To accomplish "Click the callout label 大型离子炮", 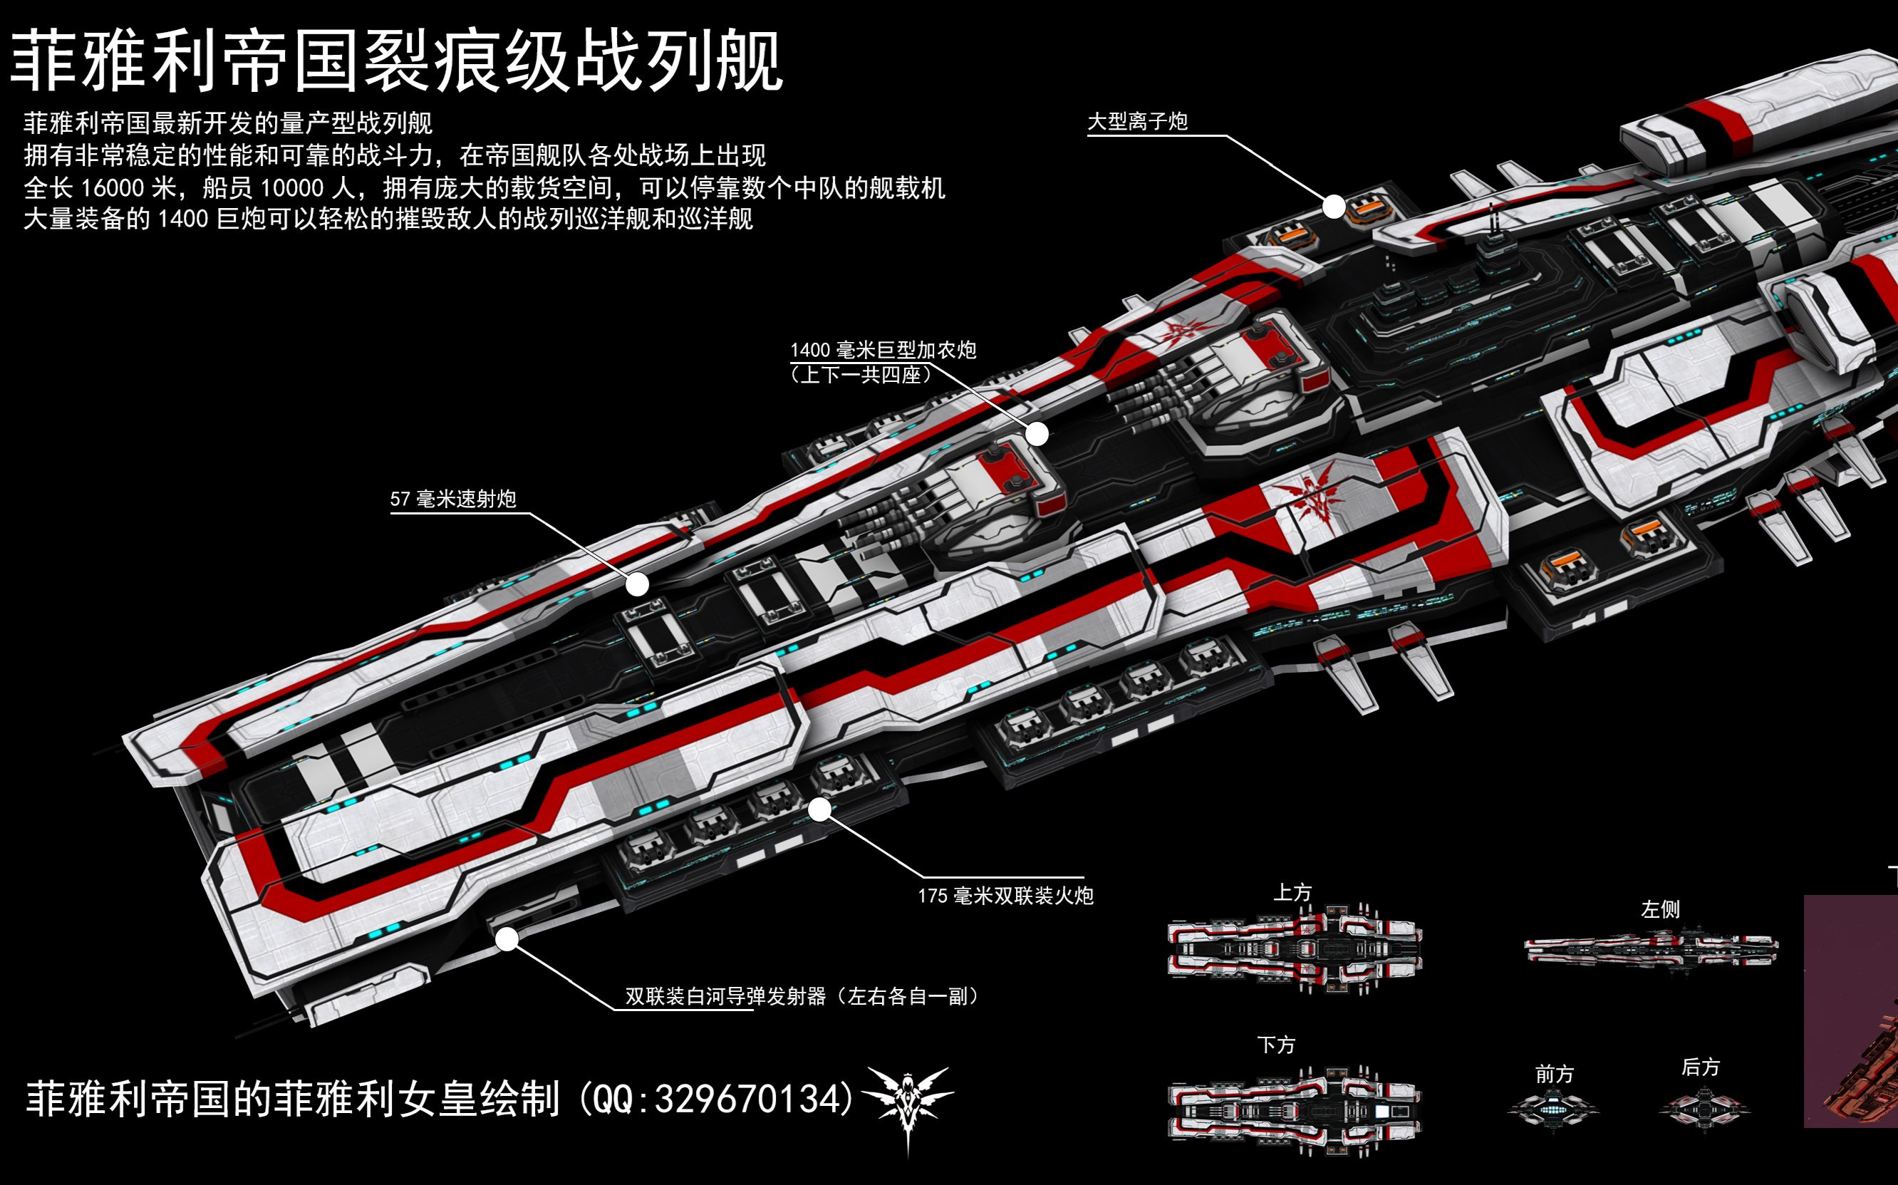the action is (x=1137, y=121).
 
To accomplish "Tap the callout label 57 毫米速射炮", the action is (x=453, y=500).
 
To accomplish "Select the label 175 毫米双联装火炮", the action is (x=1005, y=896).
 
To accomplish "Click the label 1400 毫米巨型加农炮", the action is (x=883, y=351).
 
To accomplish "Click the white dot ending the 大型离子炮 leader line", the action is (x=1334, y=207).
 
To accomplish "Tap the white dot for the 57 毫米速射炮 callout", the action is (x=638, y=584).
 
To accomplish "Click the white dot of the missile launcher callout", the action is (x=508, y=939).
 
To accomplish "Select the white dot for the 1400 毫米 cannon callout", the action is (x=1037, y=433).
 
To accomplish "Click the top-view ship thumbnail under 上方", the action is (x=1295, y=949).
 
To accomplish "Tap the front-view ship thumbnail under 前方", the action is (x=1553, y=1108).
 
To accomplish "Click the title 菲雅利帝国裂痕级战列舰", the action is (x=397, y=61).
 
